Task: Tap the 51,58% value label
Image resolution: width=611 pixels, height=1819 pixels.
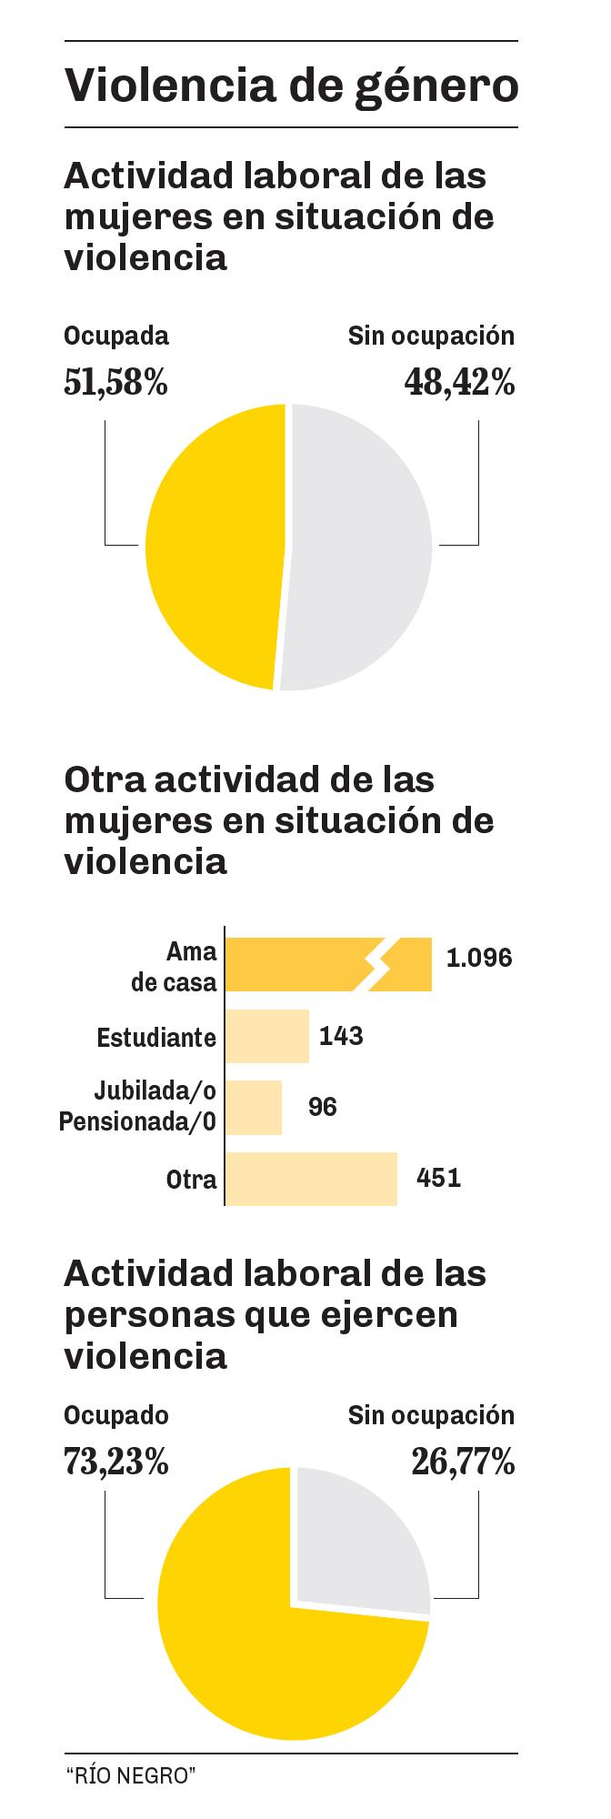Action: click(x=115, y=383)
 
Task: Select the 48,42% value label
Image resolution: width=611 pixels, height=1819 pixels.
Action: click(x=459, y=383)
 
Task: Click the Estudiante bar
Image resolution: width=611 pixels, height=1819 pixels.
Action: click(x=267, y=1036)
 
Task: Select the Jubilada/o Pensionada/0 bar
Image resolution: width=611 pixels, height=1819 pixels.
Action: click(x=254, y=1107)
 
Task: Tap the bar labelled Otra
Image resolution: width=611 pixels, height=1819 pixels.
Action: click(x=311, y=1179)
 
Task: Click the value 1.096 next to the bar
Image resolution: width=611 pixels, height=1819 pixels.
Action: click(x=479, y=958)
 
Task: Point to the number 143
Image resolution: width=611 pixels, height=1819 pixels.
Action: click(x=342, y=1035)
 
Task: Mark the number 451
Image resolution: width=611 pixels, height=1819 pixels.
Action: click(x=438, y=1178)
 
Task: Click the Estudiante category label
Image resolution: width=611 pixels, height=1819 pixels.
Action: click(x=156, y=1037)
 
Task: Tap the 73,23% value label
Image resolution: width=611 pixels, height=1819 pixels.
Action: click(x=115, y=1462)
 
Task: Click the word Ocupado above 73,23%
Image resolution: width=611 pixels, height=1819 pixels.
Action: click(x=115, y=1415)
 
